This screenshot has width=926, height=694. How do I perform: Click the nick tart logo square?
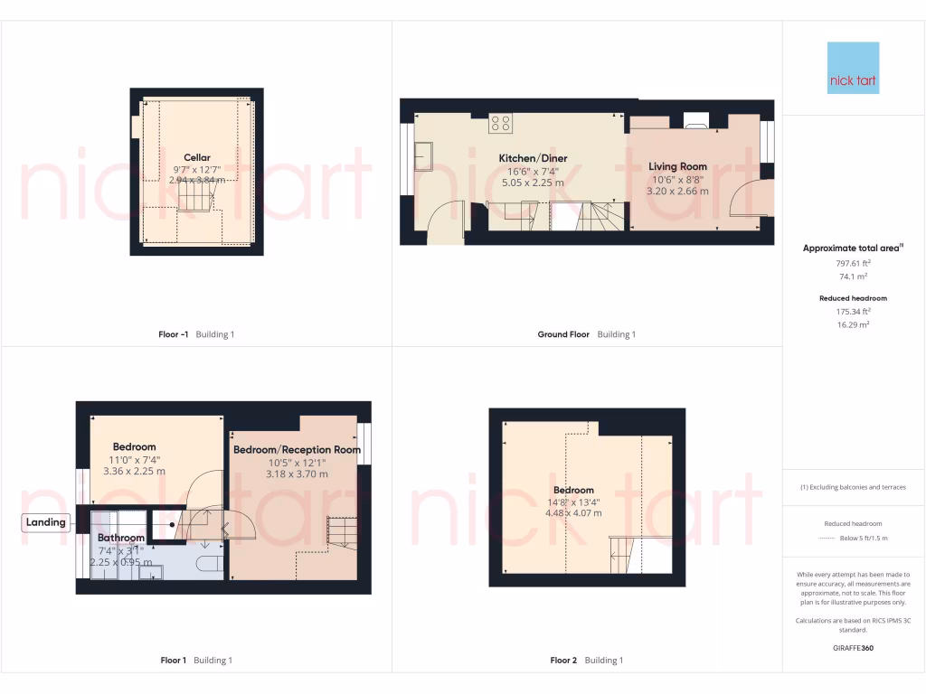coord(853,68)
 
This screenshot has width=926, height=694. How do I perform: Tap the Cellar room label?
coord(197,157)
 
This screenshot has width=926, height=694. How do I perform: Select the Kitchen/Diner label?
coord(534,158)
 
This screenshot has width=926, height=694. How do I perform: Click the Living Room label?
coord(677,166)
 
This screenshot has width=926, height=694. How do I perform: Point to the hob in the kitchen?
coord(500,124)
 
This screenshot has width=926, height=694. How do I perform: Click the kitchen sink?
coord(424,158)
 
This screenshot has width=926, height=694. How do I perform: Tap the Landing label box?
coord(46,522)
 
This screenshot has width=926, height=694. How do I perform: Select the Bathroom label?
coord(121,538)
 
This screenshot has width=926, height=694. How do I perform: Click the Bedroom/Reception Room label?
coord(297,449)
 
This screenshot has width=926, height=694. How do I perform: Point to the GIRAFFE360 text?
coord(853,648)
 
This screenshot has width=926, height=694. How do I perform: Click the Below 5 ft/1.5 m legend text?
coord(865,539)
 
